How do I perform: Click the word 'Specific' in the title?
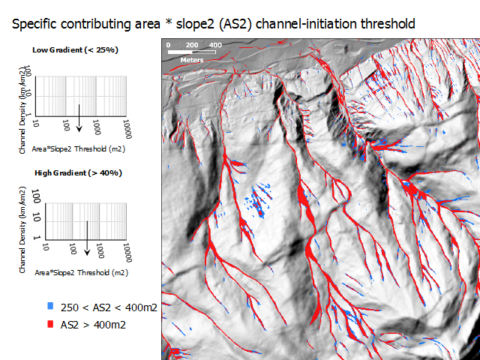coord(34,24)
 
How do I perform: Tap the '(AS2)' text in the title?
coord(235,24)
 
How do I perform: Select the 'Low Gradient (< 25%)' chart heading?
coord(75,50)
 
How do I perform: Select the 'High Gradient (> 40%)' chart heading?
coord(78,173)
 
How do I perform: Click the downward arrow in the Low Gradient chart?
coord(79,118)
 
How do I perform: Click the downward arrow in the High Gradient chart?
coord(87,238)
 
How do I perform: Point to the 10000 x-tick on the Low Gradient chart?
coord(127,129)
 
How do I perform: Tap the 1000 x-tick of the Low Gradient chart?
coord(97,127)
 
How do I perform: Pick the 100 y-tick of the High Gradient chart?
coord(36,196)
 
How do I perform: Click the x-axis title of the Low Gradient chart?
coord(79,149)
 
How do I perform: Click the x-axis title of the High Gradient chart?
coord(82,272)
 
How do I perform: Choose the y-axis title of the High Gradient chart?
coord(22,230)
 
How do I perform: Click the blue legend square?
coord(50,306)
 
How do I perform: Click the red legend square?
coord(50,324)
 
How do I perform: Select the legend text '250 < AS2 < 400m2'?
coord(109,307)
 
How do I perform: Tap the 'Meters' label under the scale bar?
coord(192,60)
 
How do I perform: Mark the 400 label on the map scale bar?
coord(215,45)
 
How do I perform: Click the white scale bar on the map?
coord(192,52)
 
